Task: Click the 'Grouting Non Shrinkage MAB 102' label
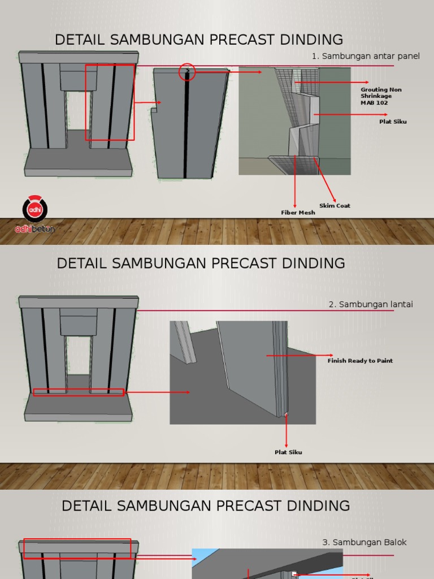point(381,96)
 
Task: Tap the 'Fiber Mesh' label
point(298,213)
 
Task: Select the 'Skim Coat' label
point(335,205)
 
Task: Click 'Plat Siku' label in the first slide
point(393,122)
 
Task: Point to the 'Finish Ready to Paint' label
point(360,360)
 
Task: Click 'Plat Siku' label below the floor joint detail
point(288,452)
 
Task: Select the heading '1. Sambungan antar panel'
point(366,56)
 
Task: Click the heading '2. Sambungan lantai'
point(371,304)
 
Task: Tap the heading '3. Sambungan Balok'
point(364,542)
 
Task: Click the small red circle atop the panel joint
point(187,72)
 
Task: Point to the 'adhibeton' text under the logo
point(34,228)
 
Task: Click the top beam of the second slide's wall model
point(78,302)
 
